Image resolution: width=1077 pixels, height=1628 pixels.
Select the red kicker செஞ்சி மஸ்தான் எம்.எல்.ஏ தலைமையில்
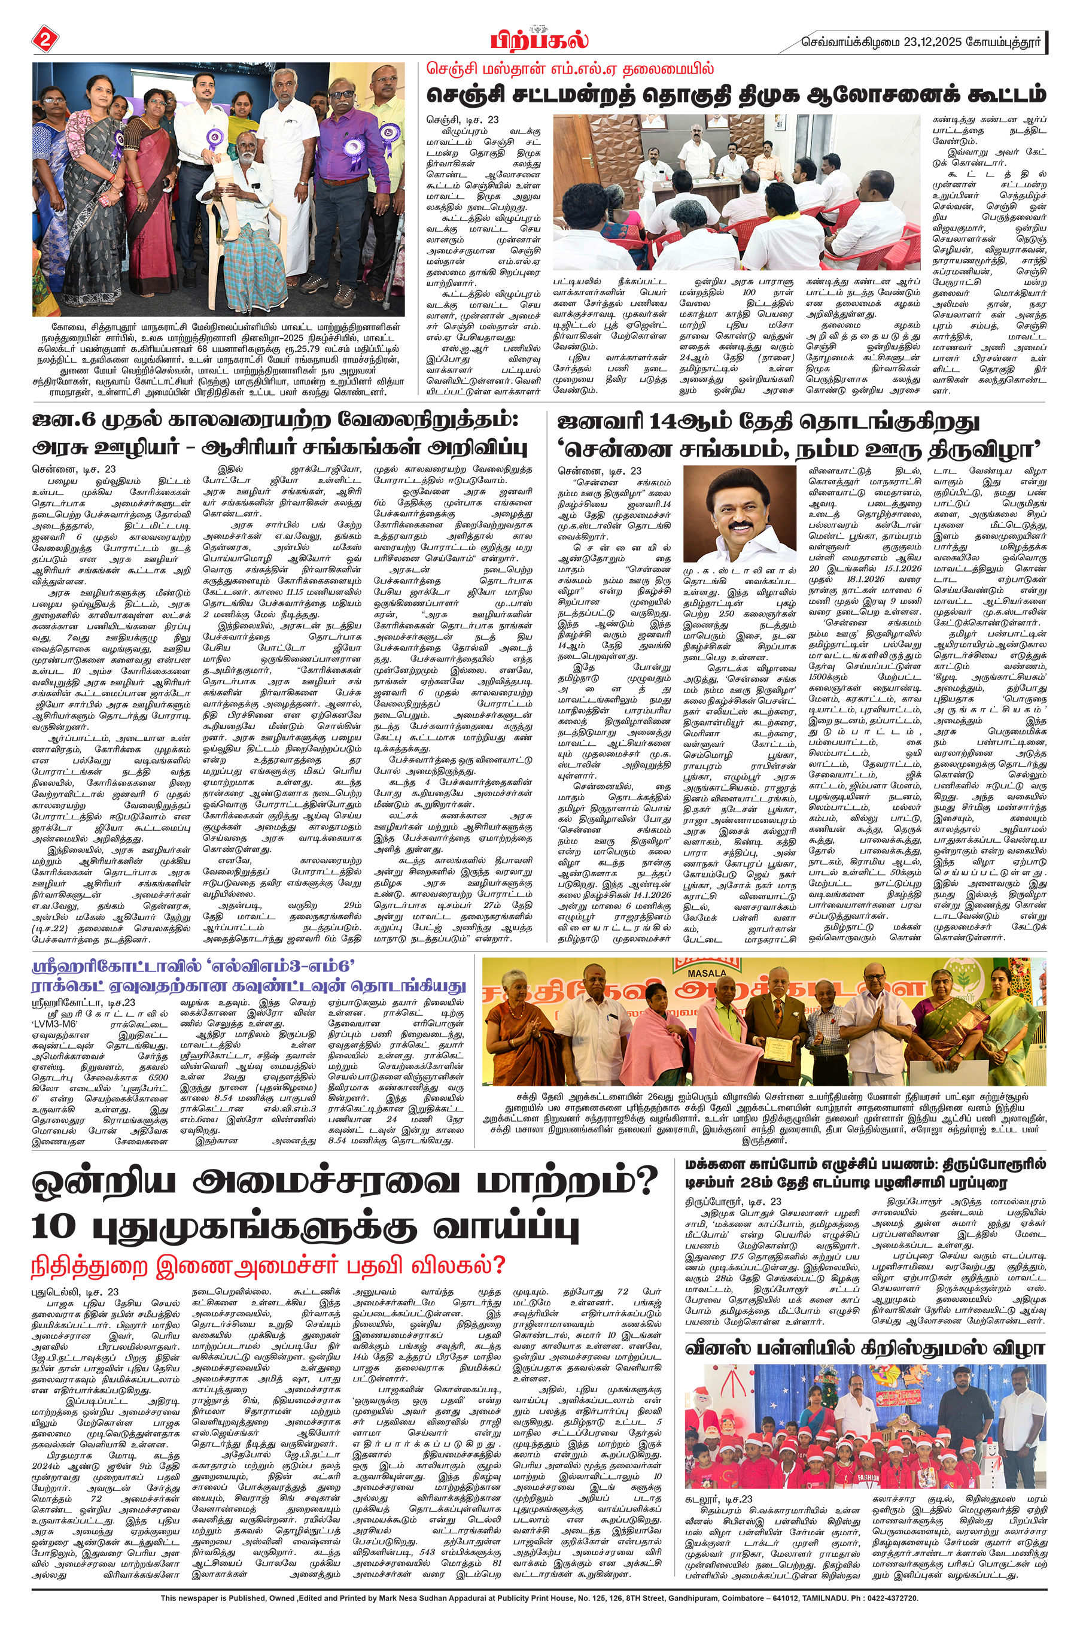pyautogui.click(x=570, y=69)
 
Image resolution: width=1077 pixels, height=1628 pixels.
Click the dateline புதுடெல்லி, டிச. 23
pyautogui.click(x=75, y=1292)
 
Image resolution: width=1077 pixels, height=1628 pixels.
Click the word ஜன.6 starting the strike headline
pyautogui.click(x=60, y=420)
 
